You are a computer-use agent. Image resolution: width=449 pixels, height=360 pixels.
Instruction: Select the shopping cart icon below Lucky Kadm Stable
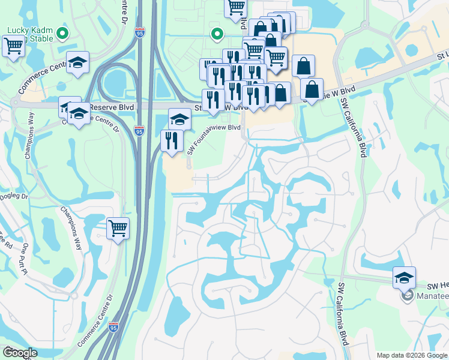click(13, 46)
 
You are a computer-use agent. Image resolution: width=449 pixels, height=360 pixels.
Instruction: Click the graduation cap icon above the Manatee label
click(404, 278)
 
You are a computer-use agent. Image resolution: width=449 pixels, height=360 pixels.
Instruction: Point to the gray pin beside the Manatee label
click(406, 296)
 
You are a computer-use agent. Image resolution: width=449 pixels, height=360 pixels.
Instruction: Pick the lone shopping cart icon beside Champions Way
click(118, 229)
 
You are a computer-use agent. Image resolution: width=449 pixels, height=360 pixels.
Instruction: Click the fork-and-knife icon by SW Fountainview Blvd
click(172, 141)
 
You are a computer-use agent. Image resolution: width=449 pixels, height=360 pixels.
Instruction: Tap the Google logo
click(20, 353)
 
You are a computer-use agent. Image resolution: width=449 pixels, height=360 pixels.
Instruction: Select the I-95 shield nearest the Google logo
click(114, 328)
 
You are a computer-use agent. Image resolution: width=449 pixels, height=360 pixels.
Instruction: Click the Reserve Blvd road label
click(112, 106)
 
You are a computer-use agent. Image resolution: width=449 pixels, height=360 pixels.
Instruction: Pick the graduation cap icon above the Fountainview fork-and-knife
click(179, 119)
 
